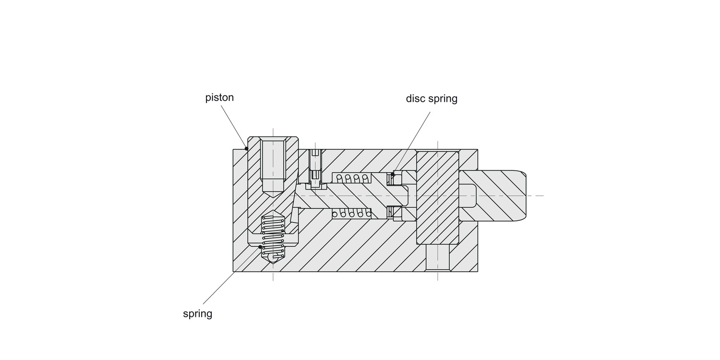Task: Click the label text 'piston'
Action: pos(219,97)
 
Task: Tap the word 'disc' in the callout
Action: pos(415,98)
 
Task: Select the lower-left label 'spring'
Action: pos(197,314)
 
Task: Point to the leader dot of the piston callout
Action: pos(247,148)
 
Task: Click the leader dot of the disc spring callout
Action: pos(392,174)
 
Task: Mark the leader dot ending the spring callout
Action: pos(260,247)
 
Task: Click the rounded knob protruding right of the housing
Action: pos(499,195)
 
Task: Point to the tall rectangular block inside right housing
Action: pos(437,197)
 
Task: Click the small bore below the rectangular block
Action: pos(437,257)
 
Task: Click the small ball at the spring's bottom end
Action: pos(273,259)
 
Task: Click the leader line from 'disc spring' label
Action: pos(411,142)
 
